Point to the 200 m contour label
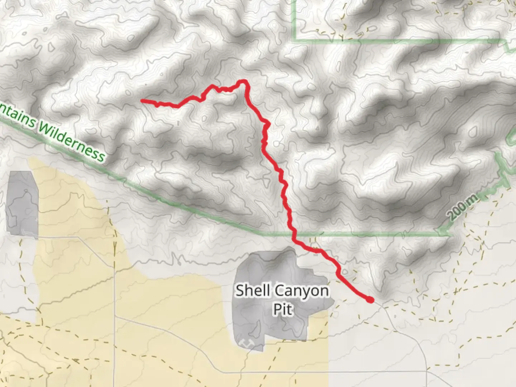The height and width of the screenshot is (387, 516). click(x=463, y=207)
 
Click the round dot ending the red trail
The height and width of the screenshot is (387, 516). click(x=370, y=300)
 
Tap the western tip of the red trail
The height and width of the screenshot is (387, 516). click(x=142, y=101)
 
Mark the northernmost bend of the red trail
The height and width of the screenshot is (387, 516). click(x=243, y=81)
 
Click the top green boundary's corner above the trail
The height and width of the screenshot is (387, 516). click(x=295, y=40)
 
